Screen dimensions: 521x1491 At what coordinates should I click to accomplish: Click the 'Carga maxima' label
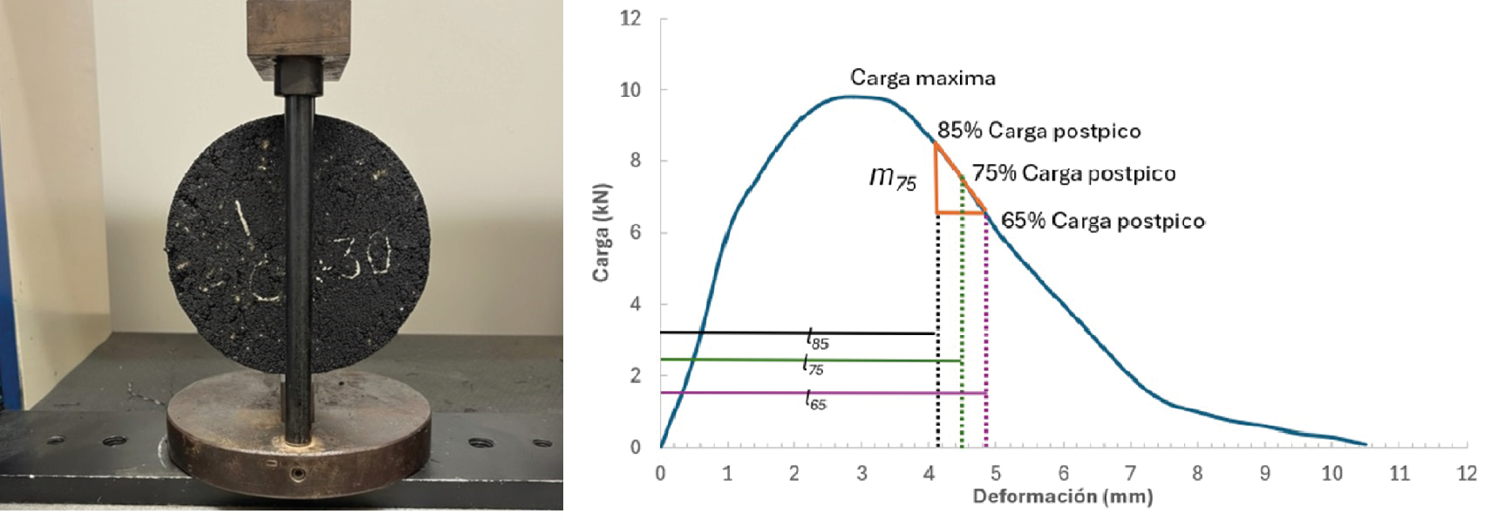tap(922, 78)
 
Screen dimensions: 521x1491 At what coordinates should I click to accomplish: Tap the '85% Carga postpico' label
tap(1038, 131)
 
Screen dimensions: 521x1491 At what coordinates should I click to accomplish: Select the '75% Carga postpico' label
tap(1073, 174)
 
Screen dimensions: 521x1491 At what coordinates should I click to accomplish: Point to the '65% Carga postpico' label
tap(1102, 221)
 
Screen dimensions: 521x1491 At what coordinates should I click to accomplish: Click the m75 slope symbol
tap(893, 178)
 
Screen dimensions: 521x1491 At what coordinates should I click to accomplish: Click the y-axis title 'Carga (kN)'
tap(601, 233)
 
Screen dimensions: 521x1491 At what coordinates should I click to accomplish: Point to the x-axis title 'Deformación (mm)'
tap(1062, 497)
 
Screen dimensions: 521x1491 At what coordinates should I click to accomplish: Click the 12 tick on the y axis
tap(630, 18)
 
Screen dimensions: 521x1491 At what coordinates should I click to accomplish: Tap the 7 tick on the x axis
tap(1130, 474)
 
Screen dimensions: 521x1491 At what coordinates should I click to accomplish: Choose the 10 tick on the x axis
tap(1331, 474)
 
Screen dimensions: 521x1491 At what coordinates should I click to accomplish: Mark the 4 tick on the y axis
tap(636, 305)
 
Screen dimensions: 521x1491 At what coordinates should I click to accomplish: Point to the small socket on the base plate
tap(298, 473)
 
